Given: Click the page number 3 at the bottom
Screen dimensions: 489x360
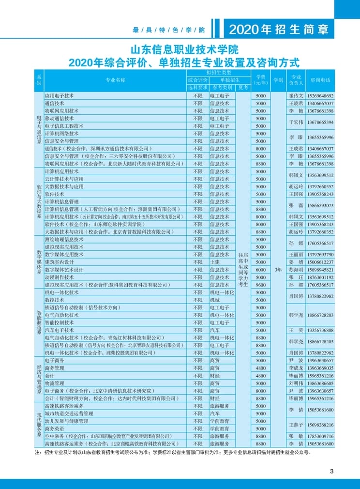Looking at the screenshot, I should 331,471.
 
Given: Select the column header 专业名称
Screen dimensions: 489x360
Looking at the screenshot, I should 115,80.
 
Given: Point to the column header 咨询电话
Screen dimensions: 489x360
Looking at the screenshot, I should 320,80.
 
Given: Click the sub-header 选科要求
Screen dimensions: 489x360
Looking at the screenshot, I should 197,88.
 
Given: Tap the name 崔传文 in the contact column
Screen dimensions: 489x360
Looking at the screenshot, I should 296,96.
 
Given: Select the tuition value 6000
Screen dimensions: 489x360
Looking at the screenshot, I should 261,270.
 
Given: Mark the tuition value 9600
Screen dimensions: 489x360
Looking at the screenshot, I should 261,285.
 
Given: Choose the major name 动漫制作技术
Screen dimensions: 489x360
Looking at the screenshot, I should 60,277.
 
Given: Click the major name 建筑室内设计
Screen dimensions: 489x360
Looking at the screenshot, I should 60,262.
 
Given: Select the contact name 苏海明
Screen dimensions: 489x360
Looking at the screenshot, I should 296,270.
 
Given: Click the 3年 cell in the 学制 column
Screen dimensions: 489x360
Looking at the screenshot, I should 278,270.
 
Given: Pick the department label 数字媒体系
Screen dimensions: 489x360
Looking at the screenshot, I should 39,262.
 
